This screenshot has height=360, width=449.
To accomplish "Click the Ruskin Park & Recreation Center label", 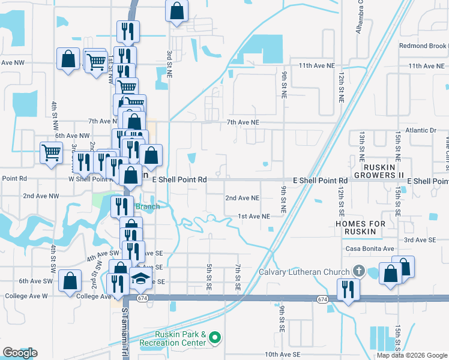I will coord(173,338).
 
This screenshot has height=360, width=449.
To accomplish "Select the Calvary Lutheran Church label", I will coord(306,271).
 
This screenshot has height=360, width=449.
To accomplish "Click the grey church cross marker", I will coord(360,271).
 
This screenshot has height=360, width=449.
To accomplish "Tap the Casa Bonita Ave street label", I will coord(370,248).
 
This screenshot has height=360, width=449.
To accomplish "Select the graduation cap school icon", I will coord(140,279).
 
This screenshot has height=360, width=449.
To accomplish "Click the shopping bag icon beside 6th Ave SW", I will coord(71,280).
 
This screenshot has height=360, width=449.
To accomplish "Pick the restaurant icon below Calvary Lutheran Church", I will coord(348,289).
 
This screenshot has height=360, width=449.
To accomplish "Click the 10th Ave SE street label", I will coord(282,355).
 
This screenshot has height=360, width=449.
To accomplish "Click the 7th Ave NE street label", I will coord(243,122).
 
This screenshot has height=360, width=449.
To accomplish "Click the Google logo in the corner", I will coord(20,353).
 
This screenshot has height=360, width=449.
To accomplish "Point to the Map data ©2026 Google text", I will coord(411,355).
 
